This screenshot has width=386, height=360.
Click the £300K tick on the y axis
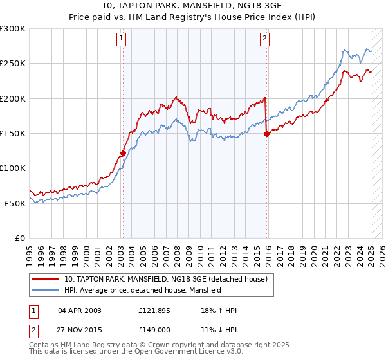(x=13, y=29)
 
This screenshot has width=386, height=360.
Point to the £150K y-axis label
(x=13, y=133)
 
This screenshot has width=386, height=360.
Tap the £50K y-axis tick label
(x=15, y=203)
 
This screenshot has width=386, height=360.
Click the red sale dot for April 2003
(x=122, y=153)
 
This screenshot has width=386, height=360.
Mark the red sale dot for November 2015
(x=266, y=134)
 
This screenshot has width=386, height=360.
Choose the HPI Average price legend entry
(x=142, y=290)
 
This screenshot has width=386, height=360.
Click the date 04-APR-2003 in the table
(x=80, y=310)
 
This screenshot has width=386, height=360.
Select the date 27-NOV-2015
(x=80, y=330)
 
